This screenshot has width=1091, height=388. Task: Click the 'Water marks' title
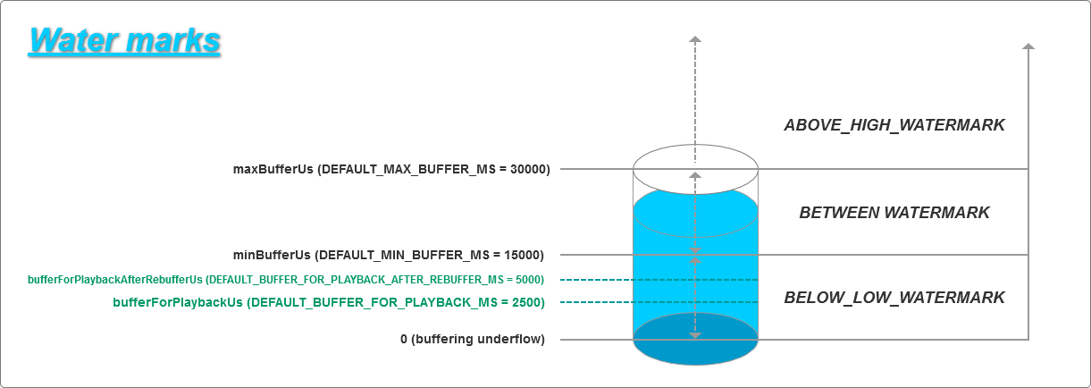[124, 41]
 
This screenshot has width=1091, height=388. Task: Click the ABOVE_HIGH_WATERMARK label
[894, 125]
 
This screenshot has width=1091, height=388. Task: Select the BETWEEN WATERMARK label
[894, 213]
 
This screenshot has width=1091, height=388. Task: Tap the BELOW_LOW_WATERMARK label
[894, 298]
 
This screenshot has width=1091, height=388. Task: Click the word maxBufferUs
[272, 168]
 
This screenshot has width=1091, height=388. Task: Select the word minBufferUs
[273, 254]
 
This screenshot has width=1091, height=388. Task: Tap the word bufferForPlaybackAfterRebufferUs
[115, 280]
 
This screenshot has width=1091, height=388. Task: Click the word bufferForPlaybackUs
[179, 302]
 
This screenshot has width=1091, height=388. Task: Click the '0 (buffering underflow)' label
[472, 339]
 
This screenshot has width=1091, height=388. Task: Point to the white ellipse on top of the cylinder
[695, 159]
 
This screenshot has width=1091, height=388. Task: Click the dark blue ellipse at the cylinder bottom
[695, 350]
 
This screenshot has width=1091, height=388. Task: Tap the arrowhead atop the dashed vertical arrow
[695, 39]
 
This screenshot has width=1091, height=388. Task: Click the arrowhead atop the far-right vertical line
[1028, 46]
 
